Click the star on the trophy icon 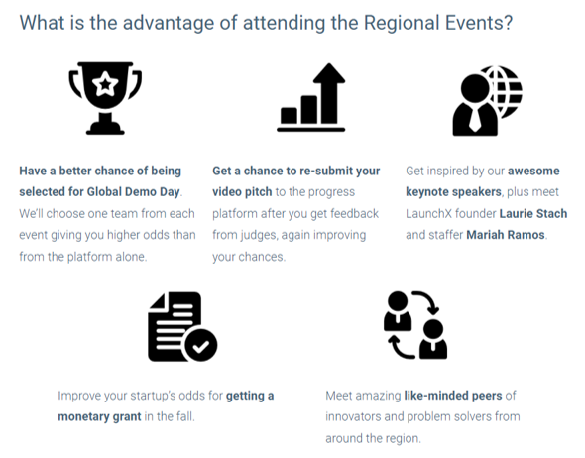point(105,84)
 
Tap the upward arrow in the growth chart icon point(329,93)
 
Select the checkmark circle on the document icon point(200,346)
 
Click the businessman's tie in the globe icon point(475,118)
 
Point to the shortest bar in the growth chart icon point(289,116)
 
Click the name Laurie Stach point(533,214)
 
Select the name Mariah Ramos point(506,235)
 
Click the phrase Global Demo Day point(133,192)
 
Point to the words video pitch point(242,192)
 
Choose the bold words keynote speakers point(453,192)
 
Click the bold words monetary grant point(99,417)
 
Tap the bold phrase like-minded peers point(453,396)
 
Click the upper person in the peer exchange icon point(398,311)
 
